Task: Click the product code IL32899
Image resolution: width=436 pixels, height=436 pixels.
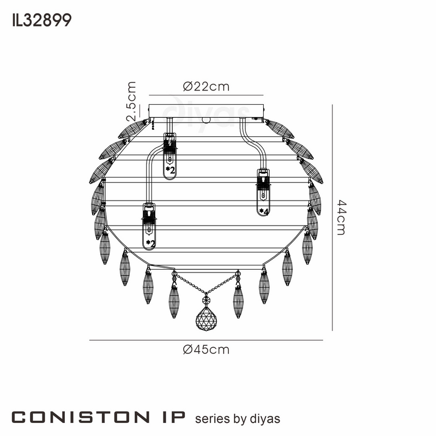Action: pyautogui.click(x=42, y=20)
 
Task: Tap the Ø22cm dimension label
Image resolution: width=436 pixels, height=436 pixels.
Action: pyautogui.click(x=206, y=87)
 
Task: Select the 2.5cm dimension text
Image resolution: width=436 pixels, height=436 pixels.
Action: pyautogui.click(x=131, y=101)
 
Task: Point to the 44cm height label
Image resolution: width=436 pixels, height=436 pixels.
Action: pyautogui.click(x=342, y=217)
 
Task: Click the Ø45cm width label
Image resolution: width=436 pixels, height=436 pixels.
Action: pyautogui.click(x=206, y=349)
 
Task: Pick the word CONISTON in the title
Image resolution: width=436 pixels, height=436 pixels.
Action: pyautogui.click(x=80, y=417)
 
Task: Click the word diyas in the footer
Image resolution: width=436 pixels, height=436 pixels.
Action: pyautogui.click(x=265, y=419)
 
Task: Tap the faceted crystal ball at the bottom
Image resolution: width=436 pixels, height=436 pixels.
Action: pyautogui.click(x=206, y=319)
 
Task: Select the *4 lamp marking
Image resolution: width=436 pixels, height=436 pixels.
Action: pyautogui.click(x=264, y=211)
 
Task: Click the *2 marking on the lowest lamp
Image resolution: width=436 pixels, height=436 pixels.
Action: pyautogui.click(x=150, y=244)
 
